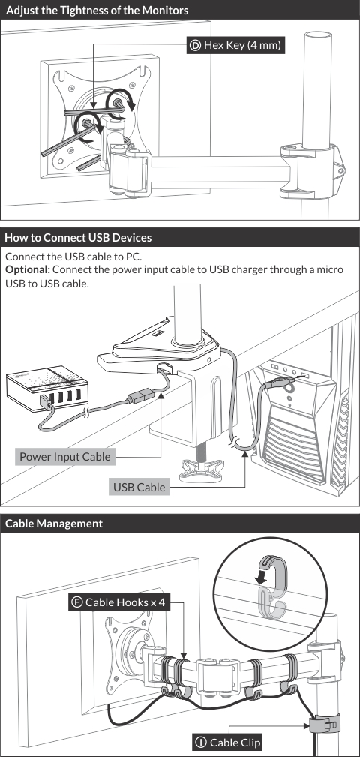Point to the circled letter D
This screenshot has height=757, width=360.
click(x=196, y=46)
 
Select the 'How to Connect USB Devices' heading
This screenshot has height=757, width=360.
click(x=79, y=238)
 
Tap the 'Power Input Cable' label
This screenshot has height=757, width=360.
click(x=65, y=456)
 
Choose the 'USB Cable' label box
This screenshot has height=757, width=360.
click(x=139, y=488)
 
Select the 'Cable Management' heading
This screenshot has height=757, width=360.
click(x=54, y=524)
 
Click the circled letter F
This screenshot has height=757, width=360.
click(x=76, y=602)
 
